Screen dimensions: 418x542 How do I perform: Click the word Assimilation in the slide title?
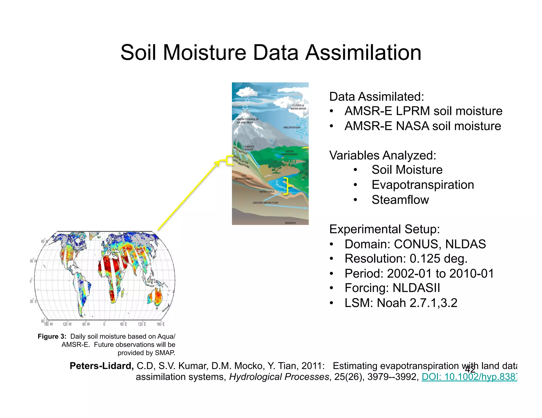click(x=363, y=53)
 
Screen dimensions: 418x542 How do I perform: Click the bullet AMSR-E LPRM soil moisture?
click(x=423, y=111)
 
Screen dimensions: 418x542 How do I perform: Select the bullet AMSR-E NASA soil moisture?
click(x=423, y=126)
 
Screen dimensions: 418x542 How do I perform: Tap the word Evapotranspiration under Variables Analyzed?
click(x=423, y=185)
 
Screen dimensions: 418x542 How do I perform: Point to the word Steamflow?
click(x=400, y=200)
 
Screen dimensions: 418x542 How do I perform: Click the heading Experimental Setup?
click(x=384, y=229)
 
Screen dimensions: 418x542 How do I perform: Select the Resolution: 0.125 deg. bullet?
click(x=406, y=259)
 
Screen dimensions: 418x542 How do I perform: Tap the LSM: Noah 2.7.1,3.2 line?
click(x=401, y=303)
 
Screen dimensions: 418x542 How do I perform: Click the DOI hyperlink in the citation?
click(x=469, y=377)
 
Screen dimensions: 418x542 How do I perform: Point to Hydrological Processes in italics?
click(x=279, y=377)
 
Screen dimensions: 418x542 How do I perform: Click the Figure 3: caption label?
click(x=52, y=336)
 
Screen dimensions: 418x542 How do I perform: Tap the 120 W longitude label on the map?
click(x=67, y=324)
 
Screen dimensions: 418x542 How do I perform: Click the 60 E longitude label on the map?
click(x=123, y=324)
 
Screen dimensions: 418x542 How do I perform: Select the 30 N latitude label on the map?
click(x=33, y=261)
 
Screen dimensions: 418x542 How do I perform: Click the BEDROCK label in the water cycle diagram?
click(x=290, y=223)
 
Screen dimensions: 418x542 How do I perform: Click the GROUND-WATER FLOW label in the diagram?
click(x=265, y=203)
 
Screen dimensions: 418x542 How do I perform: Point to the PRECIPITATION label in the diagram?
click(x=292, y=128)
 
